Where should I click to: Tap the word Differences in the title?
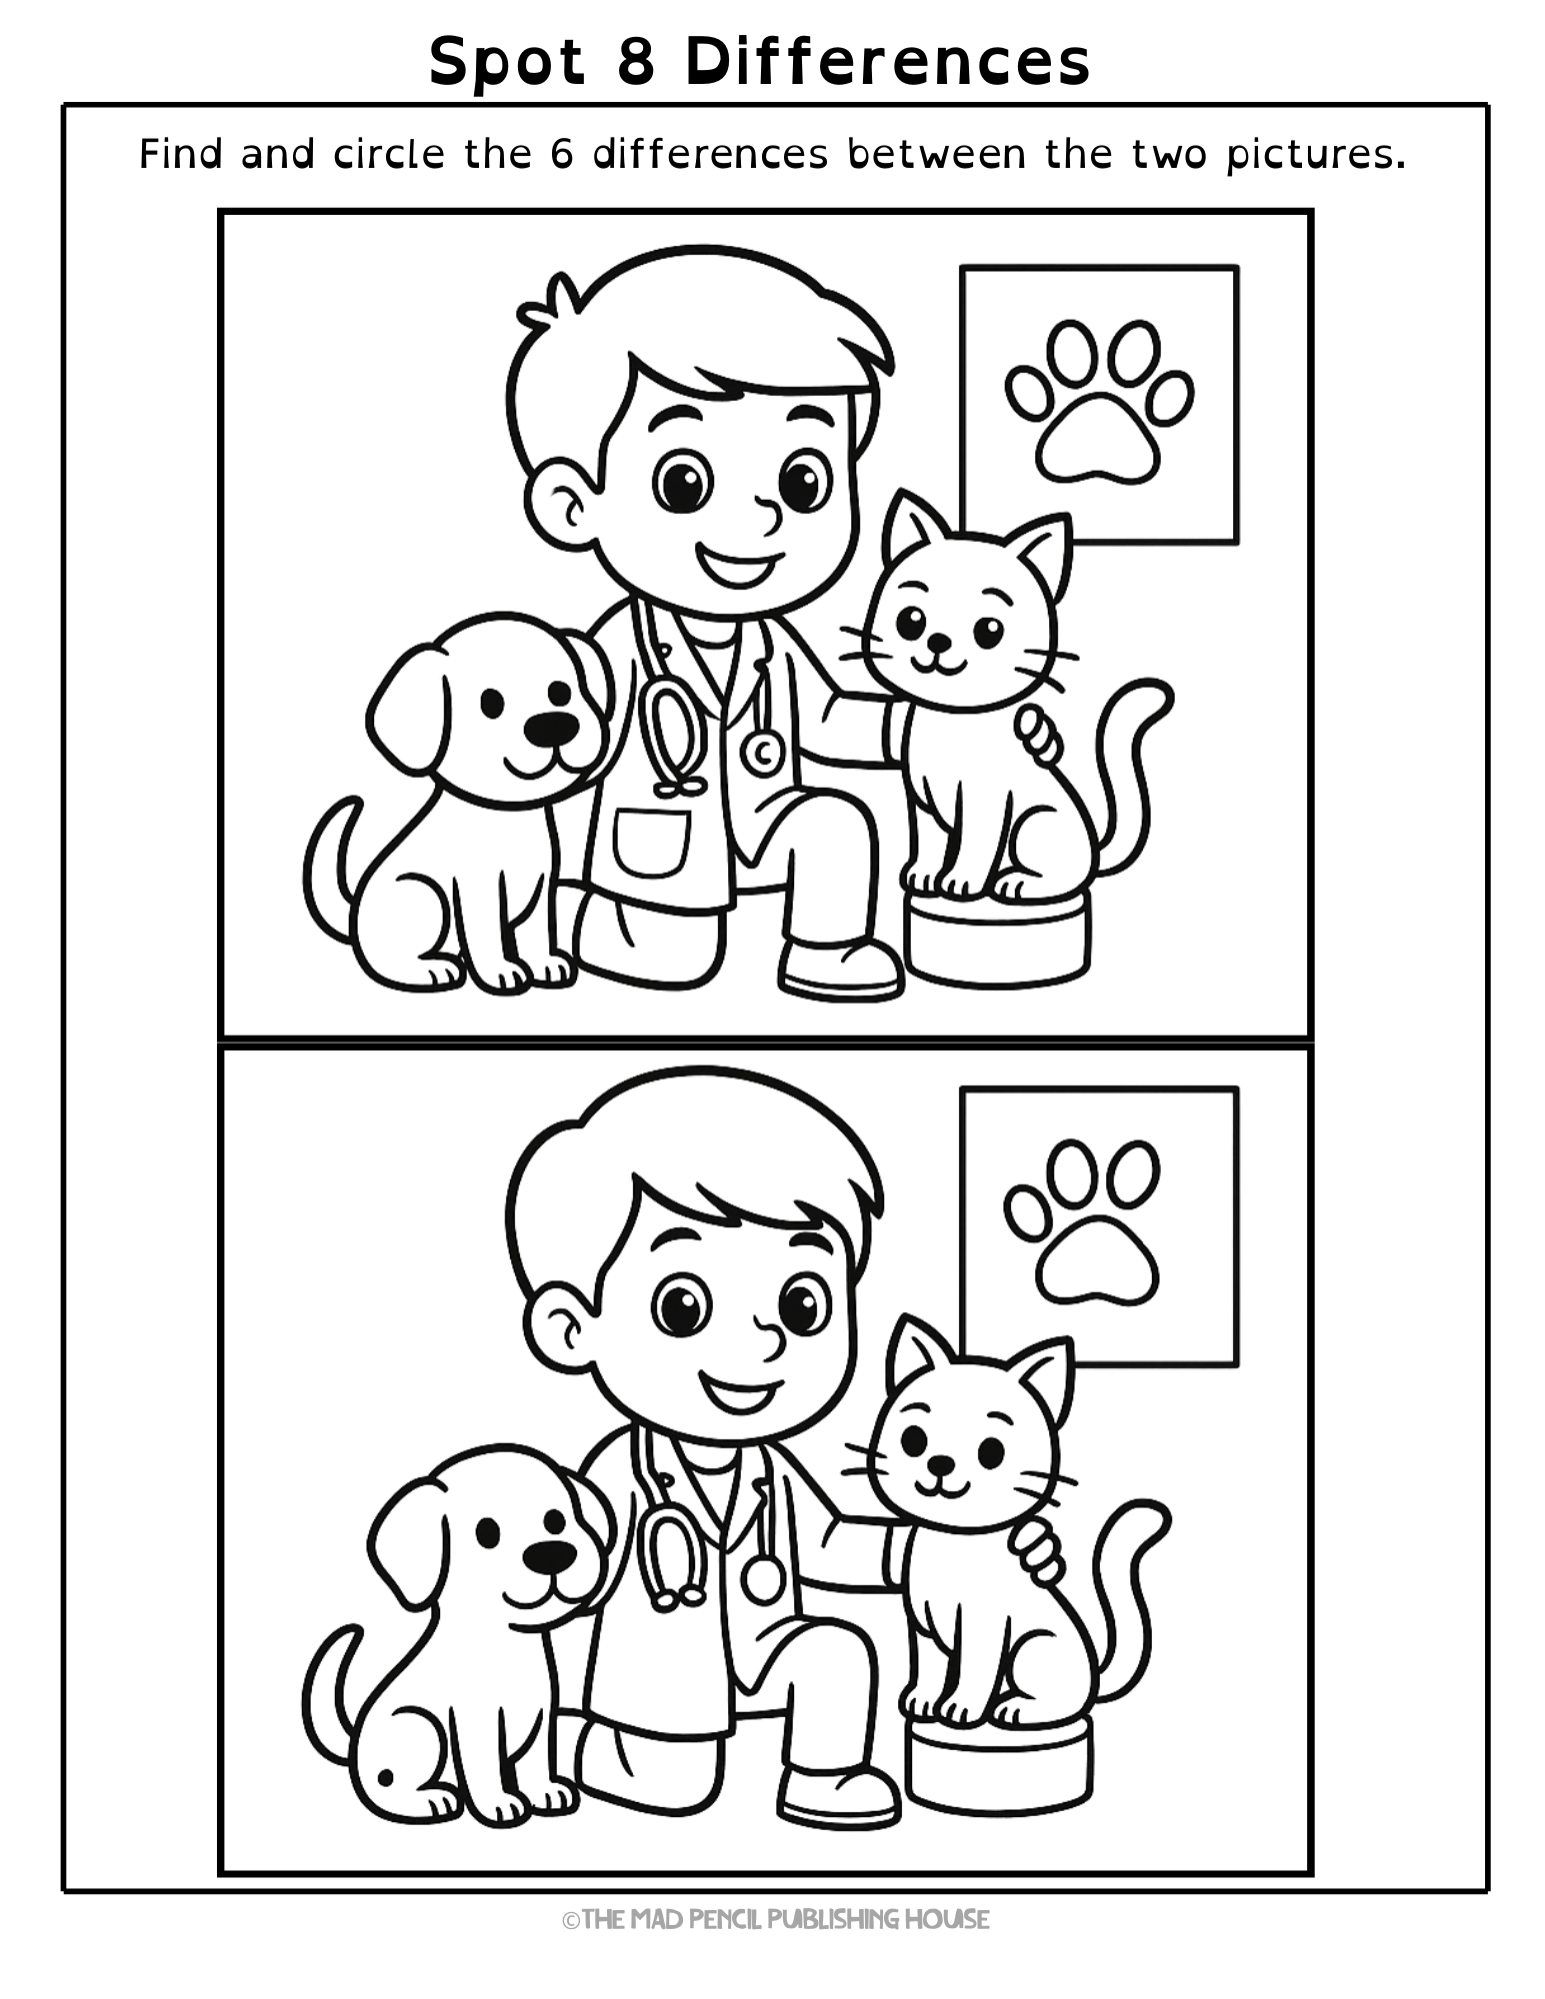click(x=888, y=61)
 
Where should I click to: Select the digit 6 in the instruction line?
click(x=561, y=154)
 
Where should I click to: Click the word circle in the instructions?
click(x=388, y=154)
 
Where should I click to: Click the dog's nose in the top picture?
click(x=552, y=728)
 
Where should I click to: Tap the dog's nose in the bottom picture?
click(x=550, y=1555)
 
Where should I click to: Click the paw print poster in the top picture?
click(x=1099, y=404)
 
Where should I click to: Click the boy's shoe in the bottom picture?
click(x=840, y=1795)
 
